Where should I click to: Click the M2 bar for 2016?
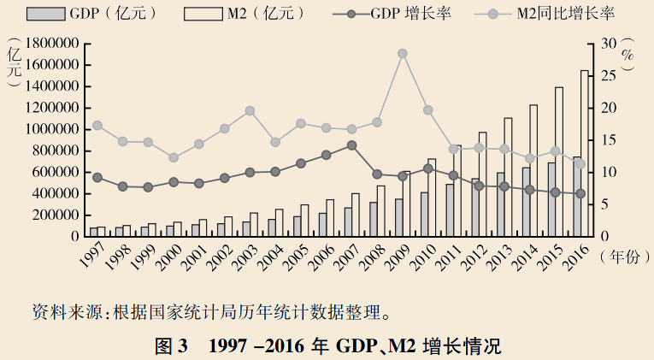(x=585, y=154)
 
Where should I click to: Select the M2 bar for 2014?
(x=534, y=171)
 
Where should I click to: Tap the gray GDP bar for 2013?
(x=500, y=205)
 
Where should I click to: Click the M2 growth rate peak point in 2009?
(x=402, y=53)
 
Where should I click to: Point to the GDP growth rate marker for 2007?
(x=351, y=145)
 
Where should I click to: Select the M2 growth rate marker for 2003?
(x=250, y=110)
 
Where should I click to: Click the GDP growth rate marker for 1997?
(x=97, y=178)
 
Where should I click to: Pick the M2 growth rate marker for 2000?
(x=174, y=157)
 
